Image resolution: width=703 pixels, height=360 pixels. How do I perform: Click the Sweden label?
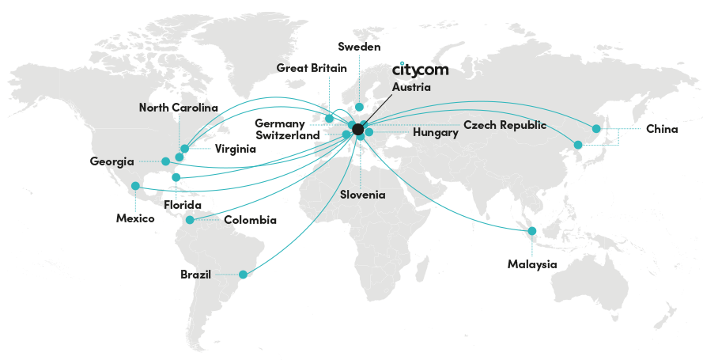click(359, 47)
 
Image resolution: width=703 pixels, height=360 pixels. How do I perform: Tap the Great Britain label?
click(312, 68)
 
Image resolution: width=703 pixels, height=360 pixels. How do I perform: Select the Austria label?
click(411, 87)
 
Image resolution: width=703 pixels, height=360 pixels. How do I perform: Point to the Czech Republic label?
click(505, 125)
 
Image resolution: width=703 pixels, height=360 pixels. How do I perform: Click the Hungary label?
click(435, 133)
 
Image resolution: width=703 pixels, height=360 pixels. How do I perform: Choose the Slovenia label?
click(363, 195)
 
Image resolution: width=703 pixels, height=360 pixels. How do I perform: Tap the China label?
click(662, 128)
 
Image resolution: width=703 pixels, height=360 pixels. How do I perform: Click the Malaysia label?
click(531, 263)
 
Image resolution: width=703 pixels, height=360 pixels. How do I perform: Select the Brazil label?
click(196, 275)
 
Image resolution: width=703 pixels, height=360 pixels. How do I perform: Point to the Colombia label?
click(250, 220)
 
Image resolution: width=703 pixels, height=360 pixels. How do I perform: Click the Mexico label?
click(135, 218)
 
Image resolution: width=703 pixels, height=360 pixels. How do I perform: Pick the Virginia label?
click(235, 149)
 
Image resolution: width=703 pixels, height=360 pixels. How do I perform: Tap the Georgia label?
click(111, 161)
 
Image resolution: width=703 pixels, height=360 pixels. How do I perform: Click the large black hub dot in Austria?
click(357, 129)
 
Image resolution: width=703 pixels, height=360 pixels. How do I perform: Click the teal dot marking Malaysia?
click(532, 231)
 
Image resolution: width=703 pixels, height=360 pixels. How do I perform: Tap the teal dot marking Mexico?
click(135, 186)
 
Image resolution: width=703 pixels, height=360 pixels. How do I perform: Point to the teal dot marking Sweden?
click(359, 107)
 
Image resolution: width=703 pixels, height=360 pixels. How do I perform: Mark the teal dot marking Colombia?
click(190, 220)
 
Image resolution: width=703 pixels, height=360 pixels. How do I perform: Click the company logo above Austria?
click(420, 70)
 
